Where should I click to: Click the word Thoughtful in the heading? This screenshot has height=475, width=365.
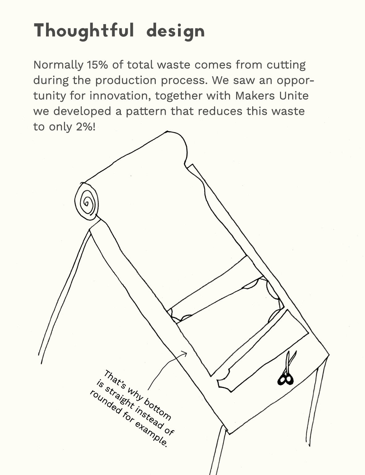pos(84,31)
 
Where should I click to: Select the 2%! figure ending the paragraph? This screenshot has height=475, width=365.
pos(86,127)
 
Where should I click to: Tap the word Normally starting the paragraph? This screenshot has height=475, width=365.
pos(58,65)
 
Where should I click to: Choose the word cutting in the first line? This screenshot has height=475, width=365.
pos(286,65)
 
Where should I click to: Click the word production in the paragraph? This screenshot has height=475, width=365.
pos(126,81)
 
